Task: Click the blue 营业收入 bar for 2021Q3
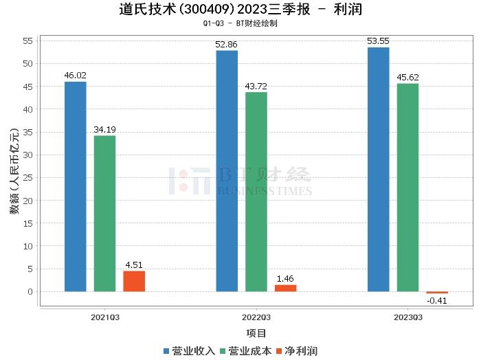[76, 186]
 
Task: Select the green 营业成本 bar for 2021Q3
[104, 213]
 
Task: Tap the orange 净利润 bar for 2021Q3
[134, 281]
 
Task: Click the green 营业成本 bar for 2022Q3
[256, 192]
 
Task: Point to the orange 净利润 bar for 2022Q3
[285, 288]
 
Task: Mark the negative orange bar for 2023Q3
[436, 293]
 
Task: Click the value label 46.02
[75, 76]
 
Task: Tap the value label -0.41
[436, 300]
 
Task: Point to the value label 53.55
[378, 41]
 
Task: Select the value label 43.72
[256, 86]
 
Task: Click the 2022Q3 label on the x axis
[256, 317]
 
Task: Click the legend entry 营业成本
[245, 350]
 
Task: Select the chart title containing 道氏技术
[240, 10]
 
